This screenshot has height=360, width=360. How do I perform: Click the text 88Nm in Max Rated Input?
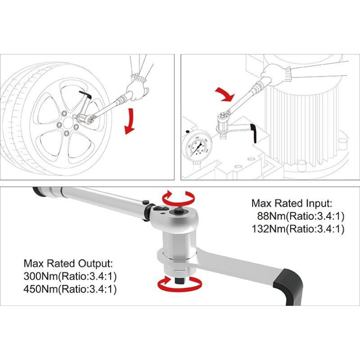[x=271, y=216]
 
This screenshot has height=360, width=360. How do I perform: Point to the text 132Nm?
[x=268, y=229]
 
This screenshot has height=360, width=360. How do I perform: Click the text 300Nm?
[x=40, y=276]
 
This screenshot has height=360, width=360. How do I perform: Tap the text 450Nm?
[x=40, y=289]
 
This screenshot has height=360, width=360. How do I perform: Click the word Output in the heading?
[x=95, y=264]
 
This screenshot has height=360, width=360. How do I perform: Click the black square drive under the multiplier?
[x=180, y=280]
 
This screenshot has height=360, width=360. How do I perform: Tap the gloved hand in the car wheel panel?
[x=137, y=91]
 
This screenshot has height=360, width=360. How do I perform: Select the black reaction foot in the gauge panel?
[x=254, y=133]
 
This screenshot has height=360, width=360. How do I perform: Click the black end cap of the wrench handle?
[x=38, y=192]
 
